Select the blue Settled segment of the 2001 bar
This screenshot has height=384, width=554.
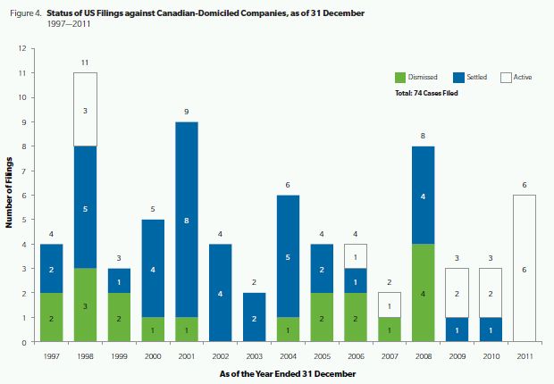click(186, 220)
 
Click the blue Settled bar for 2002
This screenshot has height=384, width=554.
click(220, 293)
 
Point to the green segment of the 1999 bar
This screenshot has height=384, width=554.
click(119, 317)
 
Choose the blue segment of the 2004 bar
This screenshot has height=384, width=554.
click(287, 256)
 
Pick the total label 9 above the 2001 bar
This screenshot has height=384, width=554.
click(186, 113)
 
